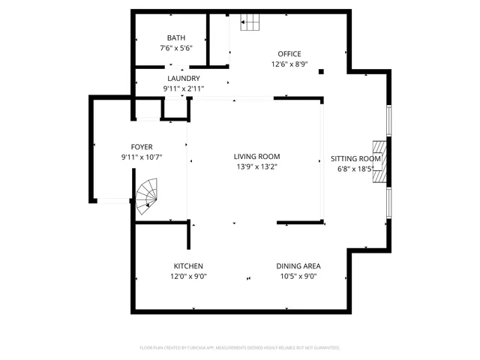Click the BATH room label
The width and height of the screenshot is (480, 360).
coord(176,37)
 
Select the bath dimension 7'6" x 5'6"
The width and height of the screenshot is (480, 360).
coord(176,48)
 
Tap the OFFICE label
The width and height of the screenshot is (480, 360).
coord(289,54)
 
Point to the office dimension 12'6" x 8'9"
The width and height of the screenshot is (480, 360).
coord(289,64)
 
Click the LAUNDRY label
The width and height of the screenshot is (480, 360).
coord(183,78)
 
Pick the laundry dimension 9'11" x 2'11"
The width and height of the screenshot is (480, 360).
coord(183,88)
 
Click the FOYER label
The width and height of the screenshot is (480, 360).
coord(142,147)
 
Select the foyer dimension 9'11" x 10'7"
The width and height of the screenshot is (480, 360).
coord(142,157)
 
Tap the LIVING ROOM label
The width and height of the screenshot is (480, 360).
coord(257,157)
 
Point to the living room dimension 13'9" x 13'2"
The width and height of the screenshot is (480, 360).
coord(257,167)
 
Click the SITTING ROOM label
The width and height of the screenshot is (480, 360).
coord(356,159)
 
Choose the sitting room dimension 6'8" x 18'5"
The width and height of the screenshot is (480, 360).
coord(356,169)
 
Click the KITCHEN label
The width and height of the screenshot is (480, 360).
coord(188,266)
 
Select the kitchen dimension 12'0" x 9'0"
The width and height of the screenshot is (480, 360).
coord(188,277)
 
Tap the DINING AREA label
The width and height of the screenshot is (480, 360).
coord(298,266)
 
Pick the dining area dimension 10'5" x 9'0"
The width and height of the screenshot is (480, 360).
coord(298,277)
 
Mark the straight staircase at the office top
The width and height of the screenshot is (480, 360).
coord(252,24)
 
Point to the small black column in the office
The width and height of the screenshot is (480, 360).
coord(321,72)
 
